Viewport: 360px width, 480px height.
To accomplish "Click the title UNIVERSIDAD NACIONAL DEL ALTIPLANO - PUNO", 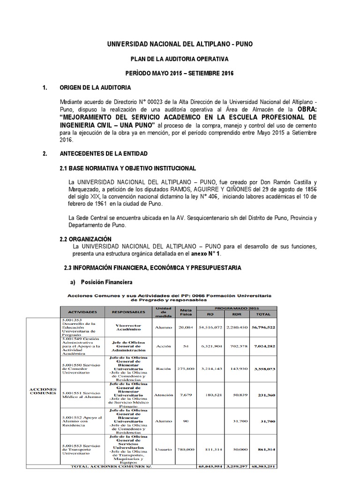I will pyautogui.click(x=180, y=45).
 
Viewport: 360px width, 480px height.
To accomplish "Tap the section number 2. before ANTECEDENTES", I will pyautogui.click(x=45, y=153).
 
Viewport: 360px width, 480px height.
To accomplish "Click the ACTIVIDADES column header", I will pyautogui.click(x=82, y=312).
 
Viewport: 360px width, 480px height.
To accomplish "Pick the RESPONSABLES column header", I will pyautogui.click(x=130, y=312).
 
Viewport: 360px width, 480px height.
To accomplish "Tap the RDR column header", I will pyautogui.click(x=232, y=315).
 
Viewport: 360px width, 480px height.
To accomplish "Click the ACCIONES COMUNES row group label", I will pyautogui.click(x=43, y=391).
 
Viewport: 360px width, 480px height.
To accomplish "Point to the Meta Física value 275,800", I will pyautogui.click(x=186, y=369).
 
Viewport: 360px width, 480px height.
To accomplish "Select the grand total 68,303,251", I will pyautogui.click(x=262, y=466).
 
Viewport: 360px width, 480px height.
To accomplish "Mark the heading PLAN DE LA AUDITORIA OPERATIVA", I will pyautogui.click(x=180, y=60).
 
